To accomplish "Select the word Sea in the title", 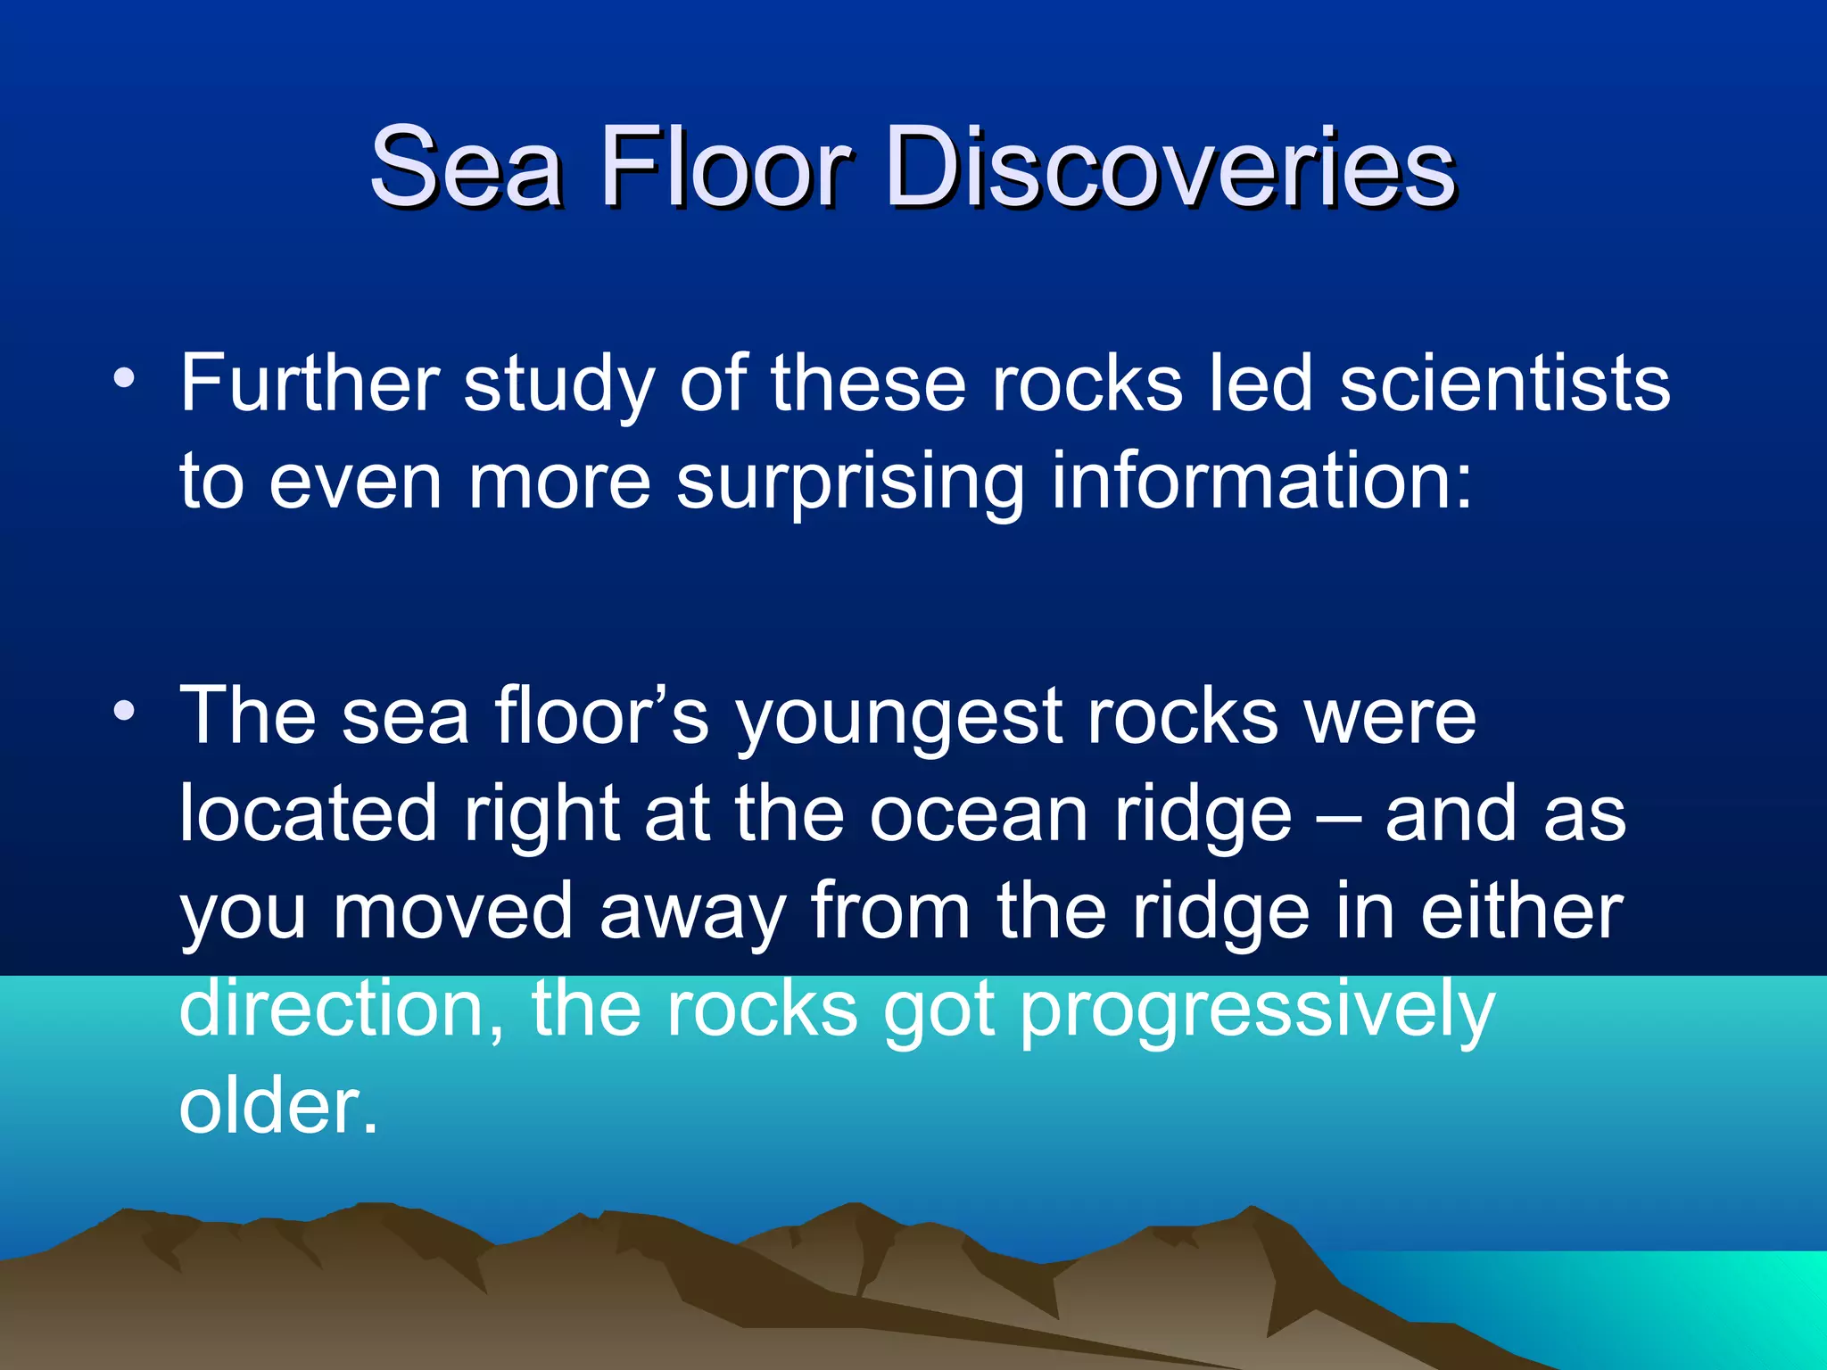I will click(x=466, y=167).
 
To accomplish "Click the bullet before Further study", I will click(x=125, y=379).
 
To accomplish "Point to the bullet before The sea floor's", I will click(x=125, y=712).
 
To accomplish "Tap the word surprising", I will click(x=850, y=484).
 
